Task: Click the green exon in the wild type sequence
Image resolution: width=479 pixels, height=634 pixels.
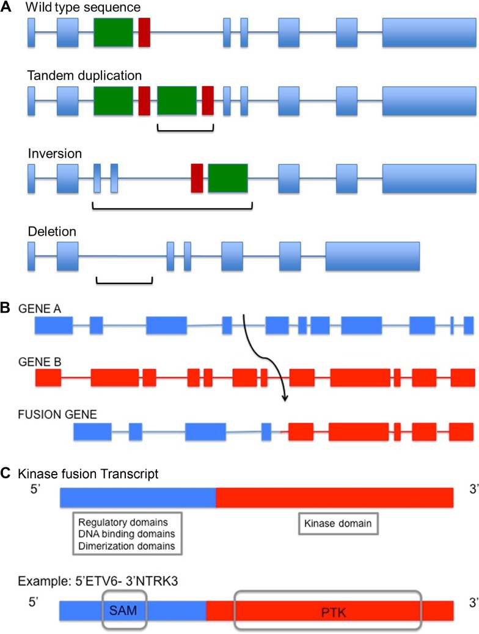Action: (113, 33)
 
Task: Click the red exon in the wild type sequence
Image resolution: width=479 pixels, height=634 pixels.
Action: (144, 33)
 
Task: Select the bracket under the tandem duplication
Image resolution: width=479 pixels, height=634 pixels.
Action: (185, 128)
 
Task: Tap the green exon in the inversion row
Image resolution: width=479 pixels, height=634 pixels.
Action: (228, 178)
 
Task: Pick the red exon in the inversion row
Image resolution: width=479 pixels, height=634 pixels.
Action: (197, 178)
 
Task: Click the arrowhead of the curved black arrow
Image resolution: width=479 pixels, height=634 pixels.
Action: (285, 399)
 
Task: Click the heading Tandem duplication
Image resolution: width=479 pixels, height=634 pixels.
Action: (85, 76)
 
